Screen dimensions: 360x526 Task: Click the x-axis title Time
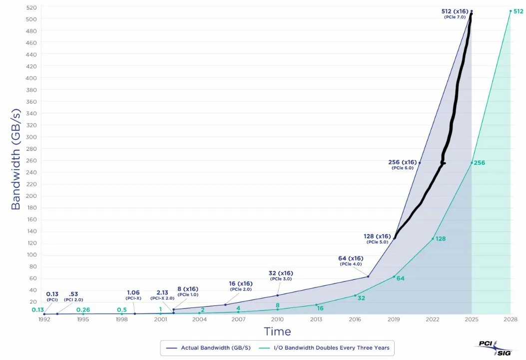[x=277, y=332]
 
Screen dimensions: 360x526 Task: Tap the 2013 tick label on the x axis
[x=316, y=319]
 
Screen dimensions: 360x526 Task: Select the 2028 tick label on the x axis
[x=511, y=319]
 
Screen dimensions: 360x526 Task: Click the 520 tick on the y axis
[x=31, y=7]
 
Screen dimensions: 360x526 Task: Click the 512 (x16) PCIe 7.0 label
[x=455, y=13]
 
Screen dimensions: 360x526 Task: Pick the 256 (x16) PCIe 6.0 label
[x=402, y=164]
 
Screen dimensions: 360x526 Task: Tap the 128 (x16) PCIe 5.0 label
[x=377, y=238]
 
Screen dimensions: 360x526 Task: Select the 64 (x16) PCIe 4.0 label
[x=350, y=261]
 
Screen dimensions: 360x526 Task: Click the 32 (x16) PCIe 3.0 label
[x=280, y=275]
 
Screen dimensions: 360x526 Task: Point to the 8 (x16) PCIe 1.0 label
[x=188, y=291]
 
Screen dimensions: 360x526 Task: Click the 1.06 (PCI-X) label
[x=133, y=295]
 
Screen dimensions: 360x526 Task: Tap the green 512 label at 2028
[x=519, y=11]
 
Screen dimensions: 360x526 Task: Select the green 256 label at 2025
[x=480, y=163]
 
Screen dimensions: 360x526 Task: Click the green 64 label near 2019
[x=400, y=278]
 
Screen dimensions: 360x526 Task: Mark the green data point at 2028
[x=511, y=11]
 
